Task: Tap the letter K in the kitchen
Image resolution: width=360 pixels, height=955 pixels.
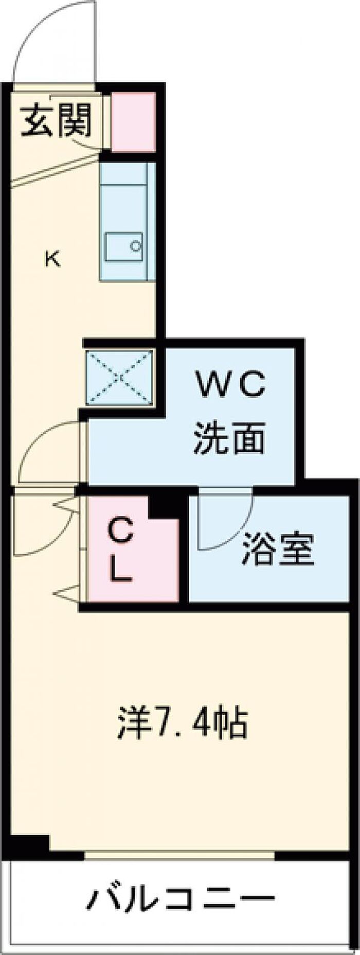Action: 52,258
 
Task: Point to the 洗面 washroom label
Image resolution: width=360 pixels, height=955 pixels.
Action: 229,438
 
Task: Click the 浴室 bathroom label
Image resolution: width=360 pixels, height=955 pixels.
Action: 278,550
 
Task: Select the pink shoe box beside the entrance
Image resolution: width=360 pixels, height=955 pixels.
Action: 134,122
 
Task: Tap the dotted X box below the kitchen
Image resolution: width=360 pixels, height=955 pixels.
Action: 119,377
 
